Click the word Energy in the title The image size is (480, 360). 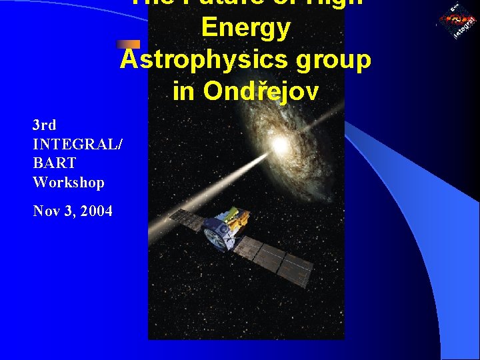246,28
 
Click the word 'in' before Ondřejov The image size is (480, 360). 183,92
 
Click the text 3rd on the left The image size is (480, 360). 45,125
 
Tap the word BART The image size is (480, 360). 54,163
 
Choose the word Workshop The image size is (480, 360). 69,182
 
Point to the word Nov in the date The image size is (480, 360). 47,211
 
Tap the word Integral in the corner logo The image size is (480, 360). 465,27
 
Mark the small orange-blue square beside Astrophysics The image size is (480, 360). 128,45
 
